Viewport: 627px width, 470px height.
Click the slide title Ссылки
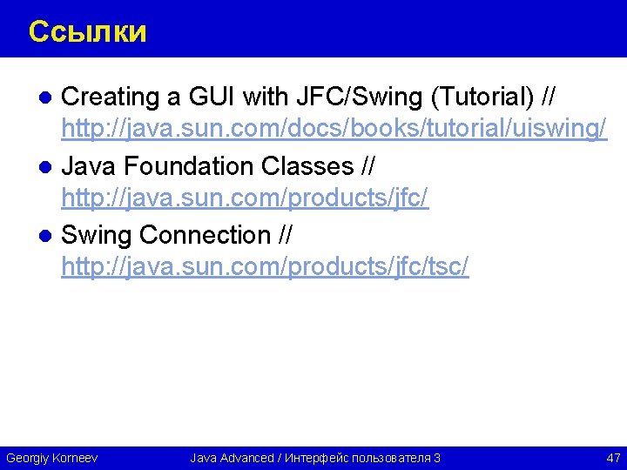[x=87, y=32]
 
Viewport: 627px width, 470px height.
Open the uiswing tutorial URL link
[x=334, y=130]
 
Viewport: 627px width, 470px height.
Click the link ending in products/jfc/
[x=245, y=199]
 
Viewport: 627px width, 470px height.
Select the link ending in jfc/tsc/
[x=265, y=268]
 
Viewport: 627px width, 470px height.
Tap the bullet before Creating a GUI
[x=51, y=97]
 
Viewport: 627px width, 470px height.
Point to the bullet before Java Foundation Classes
[x=51, y=166]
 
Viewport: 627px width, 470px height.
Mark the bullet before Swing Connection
[x=51, y=236]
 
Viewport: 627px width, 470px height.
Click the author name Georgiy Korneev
[x=52, y=458]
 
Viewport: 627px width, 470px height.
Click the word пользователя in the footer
[x=388, y=458]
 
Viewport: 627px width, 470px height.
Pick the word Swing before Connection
[x=97, y=235]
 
